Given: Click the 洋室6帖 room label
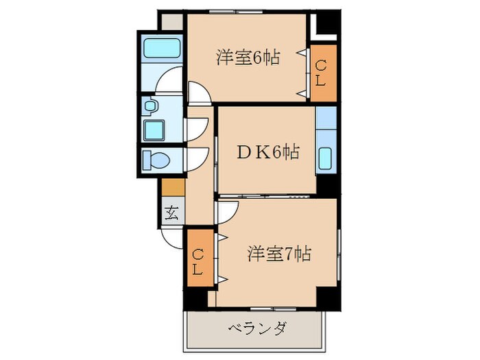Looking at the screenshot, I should tap(248, 58).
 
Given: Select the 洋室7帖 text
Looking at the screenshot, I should tap(279, 254).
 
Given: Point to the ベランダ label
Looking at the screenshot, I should tap(256, 328).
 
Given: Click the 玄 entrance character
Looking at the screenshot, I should tap(171, 213).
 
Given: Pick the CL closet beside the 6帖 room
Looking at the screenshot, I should tap(321, 73).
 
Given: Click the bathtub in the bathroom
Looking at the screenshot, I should tap(163, 49).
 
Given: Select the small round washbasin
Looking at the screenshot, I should tap(151, 106).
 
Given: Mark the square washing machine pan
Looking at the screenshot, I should tap(154, 129).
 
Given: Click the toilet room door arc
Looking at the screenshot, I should tap(196, 158).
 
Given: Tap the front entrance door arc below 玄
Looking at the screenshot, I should tap(171, 237).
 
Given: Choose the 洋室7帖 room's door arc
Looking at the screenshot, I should tap(225, 211).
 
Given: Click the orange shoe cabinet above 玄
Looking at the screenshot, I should tap(173, 187).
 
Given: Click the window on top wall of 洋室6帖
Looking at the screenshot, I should tap(234, 12).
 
